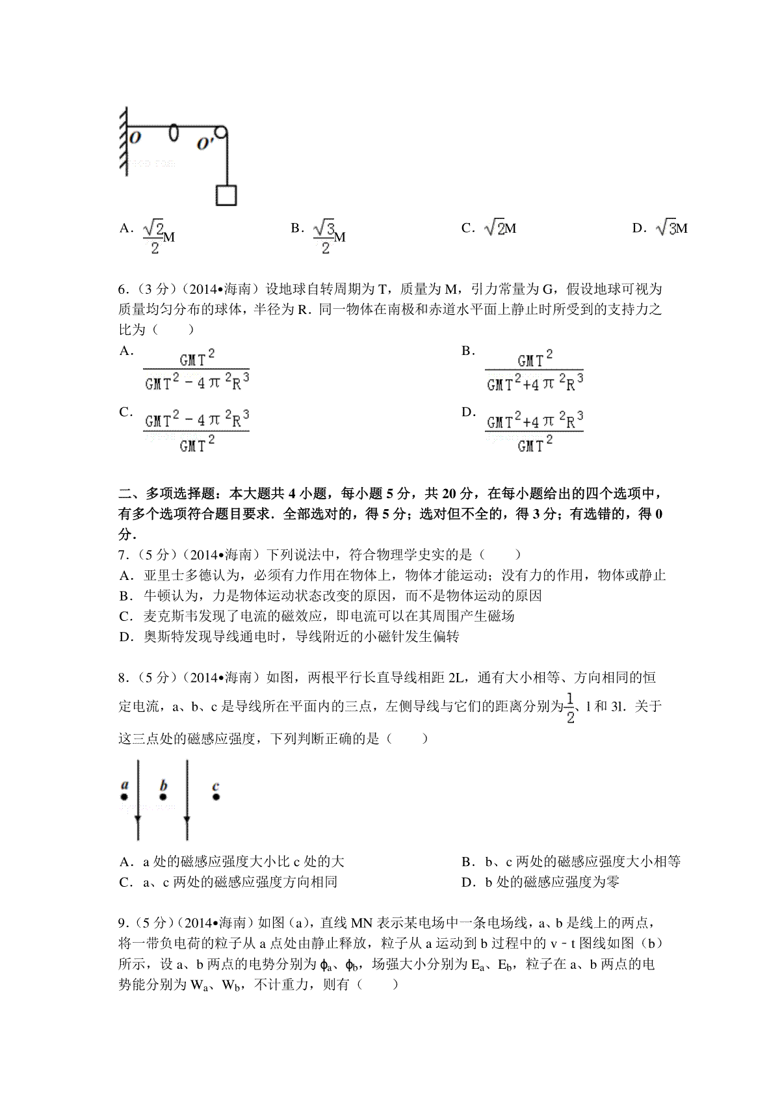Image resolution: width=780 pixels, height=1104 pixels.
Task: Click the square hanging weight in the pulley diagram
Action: pyautogui.click(x=226, y=195)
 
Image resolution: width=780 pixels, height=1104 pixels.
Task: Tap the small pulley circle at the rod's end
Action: pyautogui.click(x=221, y=133)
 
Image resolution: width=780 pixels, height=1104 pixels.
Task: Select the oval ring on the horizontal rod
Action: pyautogui.click(x=174, y=131)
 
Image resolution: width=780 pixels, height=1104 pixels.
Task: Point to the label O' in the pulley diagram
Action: pyautogui.click(x=206, y=144)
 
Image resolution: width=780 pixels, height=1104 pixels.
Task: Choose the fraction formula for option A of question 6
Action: pyautogui.click(x=196, y=371)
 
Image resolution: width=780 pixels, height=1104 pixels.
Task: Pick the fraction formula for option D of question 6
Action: pyautogui.click(x=534, y=432)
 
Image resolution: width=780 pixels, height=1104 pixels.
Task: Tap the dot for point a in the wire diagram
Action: pyautogui.click(x=123, y=797)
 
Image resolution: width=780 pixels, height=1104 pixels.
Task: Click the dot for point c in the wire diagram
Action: pyautogui.click(x=216, y=796)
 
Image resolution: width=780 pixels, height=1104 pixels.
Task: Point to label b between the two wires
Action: pyautogui.click(x=164, y=784)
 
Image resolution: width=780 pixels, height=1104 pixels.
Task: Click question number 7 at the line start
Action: pyautogui.click(x=123, y=555)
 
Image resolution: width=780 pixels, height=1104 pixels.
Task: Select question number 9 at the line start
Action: pyautogui.click(x=123, y=923)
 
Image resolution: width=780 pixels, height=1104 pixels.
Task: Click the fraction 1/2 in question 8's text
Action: pyautogui.click(x=570, y=708)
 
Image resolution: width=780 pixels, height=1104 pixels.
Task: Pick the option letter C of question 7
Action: pyautogui.click(x=125, y=616)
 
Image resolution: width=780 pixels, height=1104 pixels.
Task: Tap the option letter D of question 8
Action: pyautogui.click(x=467, y=882)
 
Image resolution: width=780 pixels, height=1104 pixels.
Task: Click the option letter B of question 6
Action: pyautogui.click(x=467, y=351)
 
